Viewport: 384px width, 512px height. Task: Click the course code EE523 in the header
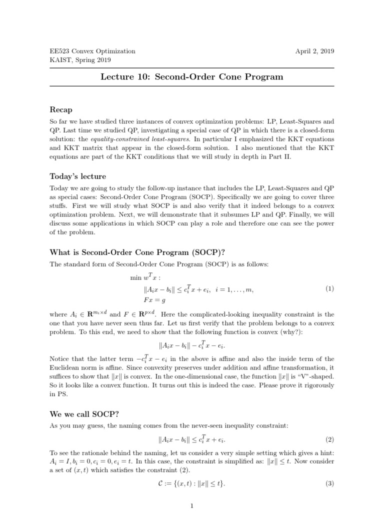click(59, 51)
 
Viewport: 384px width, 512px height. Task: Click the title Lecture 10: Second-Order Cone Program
click(192, 77)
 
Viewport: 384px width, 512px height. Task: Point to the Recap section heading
click(61, 109)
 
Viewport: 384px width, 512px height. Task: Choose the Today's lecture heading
click(77, 176)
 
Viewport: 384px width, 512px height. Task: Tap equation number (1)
click(329, 288)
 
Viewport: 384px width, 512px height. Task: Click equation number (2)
click(329, 440)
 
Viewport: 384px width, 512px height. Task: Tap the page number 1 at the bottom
click(192, 506)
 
